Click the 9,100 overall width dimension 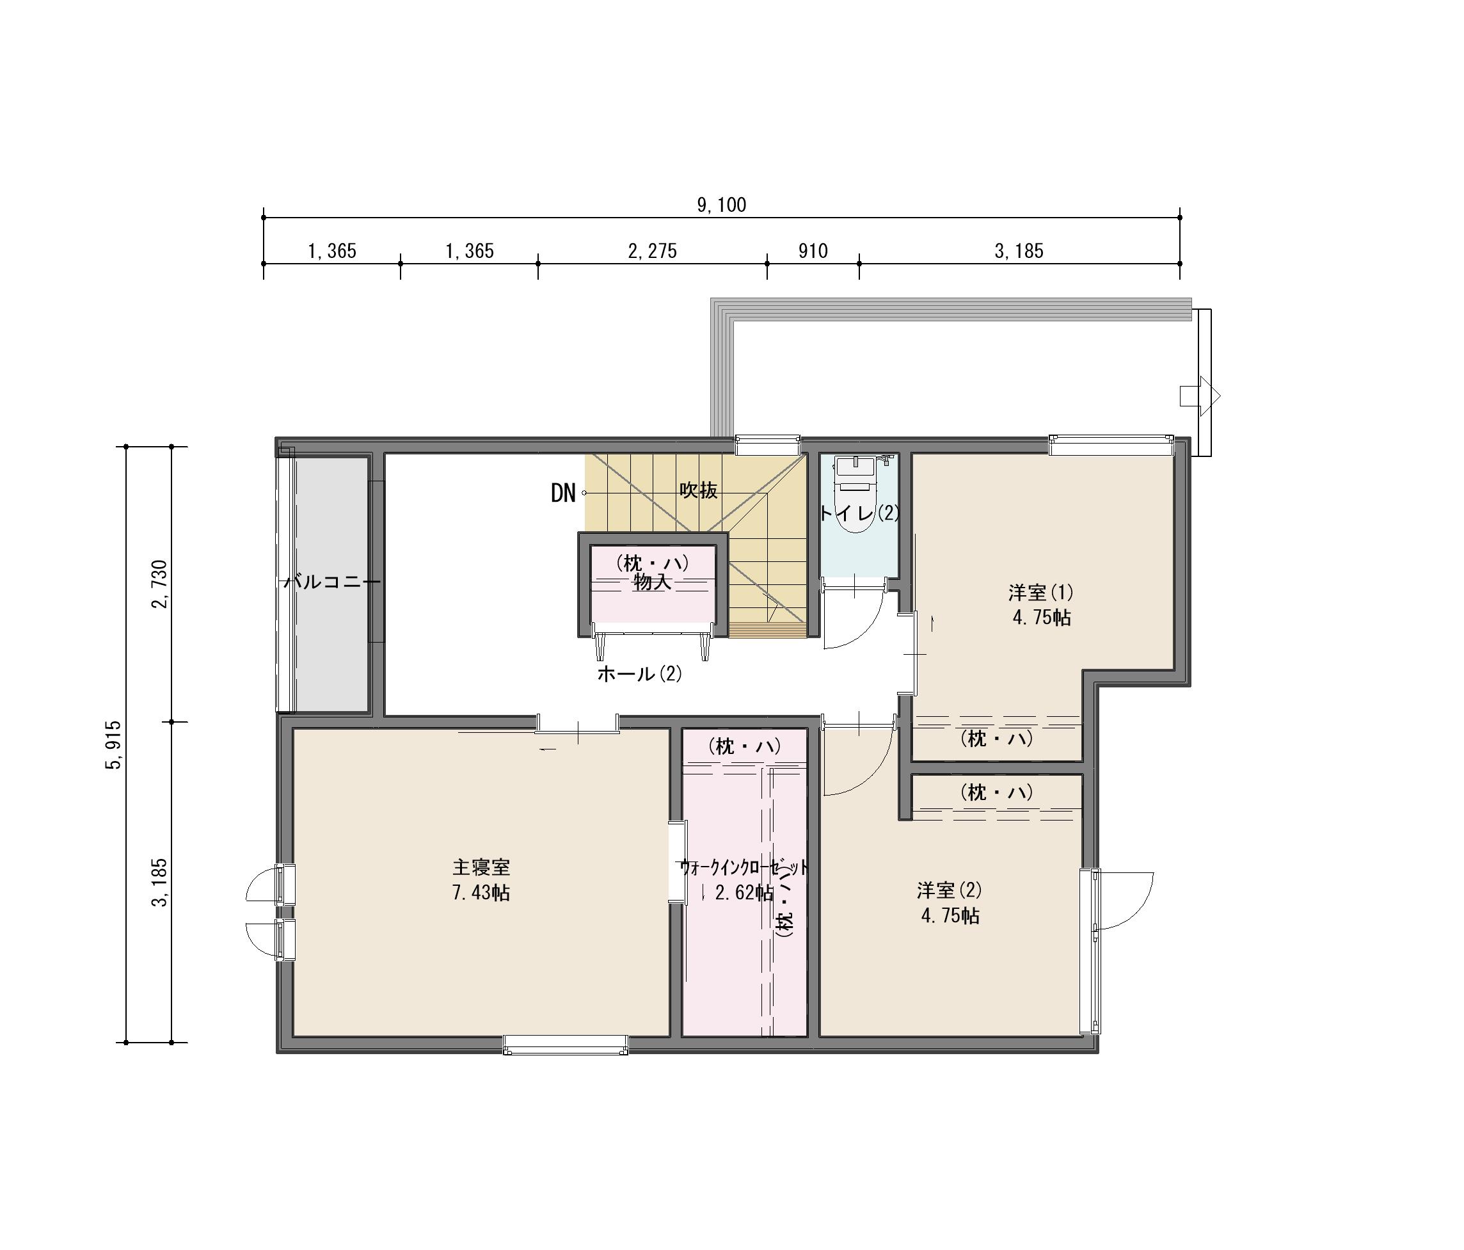pos(721,205)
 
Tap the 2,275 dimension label pos(652,251)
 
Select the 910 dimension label pos(813,251)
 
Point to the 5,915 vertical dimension pos(113,744)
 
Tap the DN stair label pos(563,493)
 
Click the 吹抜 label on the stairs pos(699,490)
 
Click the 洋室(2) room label pos(950,890)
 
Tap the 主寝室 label pos(481,867)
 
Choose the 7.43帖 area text pos(481,892)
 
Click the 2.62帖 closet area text pos(744,892)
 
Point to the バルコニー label pos(332,582)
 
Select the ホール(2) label pos(639,674)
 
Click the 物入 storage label pos(651,582)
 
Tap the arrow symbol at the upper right pos(1200,396)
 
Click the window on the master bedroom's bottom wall pos(565,1045)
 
